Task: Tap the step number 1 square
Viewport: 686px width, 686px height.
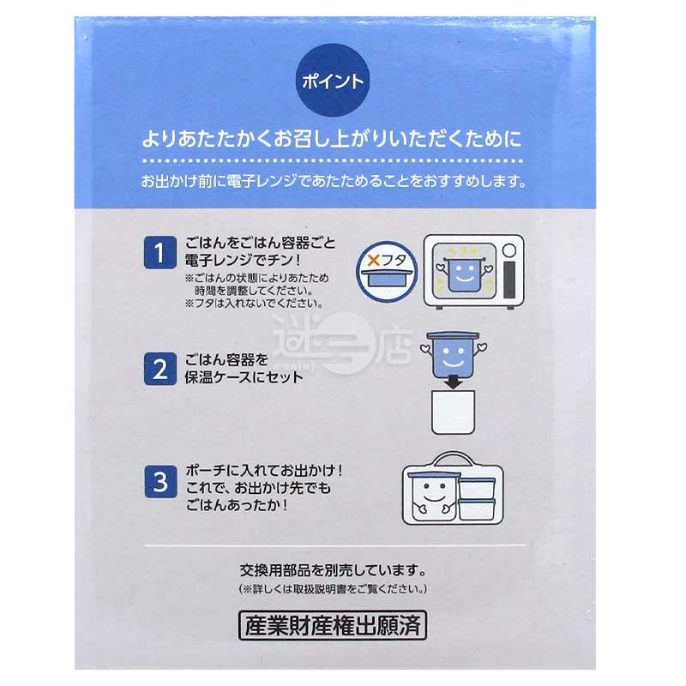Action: coord(159,253)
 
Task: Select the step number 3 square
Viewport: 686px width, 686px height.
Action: coord(159,482)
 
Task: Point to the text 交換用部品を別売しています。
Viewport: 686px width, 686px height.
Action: coord(333,570)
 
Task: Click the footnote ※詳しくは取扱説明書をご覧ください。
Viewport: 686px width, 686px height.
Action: coord(332,590)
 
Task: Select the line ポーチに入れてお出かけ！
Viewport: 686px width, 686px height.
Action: coord(265,471)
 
